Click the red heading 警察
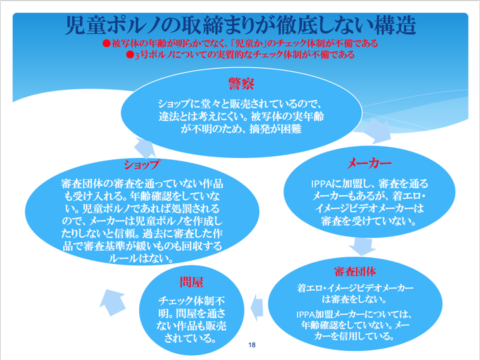241,83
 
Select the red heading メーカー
369,163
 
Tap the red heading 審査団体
355,271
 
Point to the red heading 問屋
191,282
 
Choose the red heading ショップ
142,165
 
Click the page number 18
252,345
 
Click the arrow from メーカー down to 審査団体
362,247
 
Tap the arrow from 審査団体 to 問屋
257,308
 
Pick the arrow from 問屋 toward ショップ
113,302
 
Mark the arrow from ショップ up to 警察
145,147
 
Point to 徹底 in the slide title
295,26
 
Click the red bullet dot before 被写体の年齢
106,43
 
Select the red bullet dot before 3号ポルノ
130,55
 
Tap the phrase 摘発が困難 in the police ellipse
275,129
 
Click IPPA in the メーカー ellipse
321,184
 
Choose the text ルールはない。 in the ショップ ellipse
142,259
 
